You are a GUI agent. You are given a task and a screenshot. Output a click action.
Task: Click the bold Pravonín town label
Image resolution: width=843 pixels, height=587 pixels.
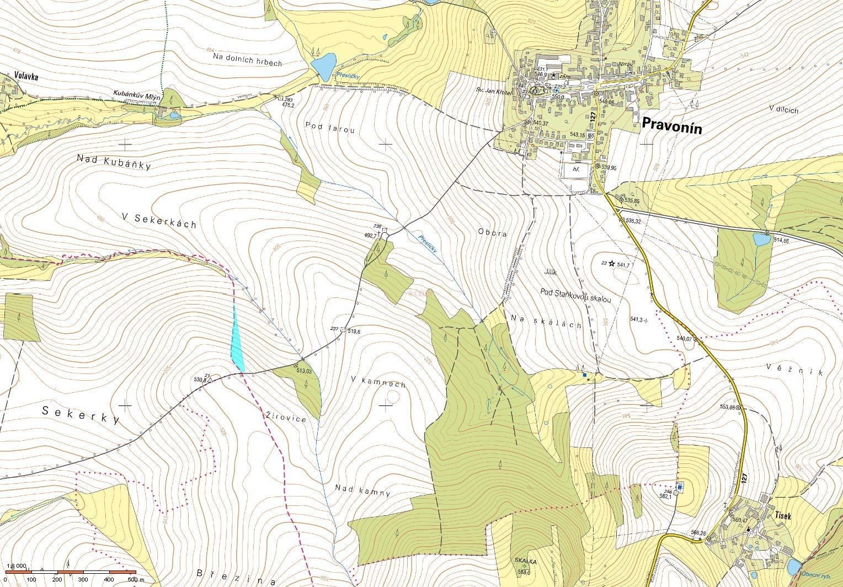pyautogui.click(x=671, y=126)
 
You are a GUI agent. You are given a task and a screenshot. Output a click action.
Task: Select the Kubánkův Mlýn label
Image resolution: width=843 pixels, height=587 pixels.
pyautogui.click(x=136, y=93)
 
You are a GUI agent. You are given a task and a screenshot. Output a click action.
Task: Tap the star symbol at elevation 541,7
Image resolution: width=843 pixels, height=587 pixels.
pyautogui.click(x=611, y=264)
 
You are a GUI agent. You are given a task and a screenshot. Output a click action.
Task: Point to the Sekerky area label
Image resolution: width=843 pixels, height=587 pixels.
pyautogui.click(x=81, y=414)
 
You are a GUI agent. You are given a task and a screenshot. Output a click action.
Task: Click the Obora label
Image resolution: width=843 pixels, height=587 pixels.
pyautogui.click(x=492, y=233)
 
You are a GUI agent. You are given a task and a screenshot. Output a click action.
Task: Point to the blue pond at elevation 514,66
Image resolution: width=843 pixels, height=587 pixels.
pyautogui.click(x=761, y=239)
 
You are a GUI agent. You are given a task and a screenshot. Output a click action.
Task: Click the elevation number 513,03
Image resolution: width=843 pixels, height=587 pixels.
pyautogui.click(x=304, y=371)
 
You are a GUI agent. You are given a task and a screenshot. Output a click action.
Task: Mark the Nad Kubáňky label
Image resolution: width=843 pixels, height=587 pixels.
pyautogui.click(x=114, y=162)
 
